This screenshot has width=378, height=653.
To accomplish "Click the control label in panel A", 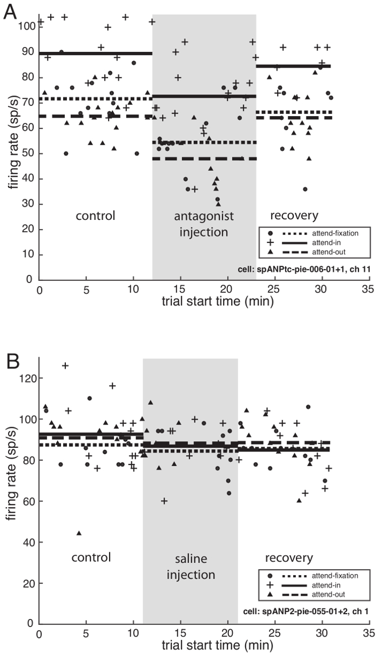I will click(96, 216).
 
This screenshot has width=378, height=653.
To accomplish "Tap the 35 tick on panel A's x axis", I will click(368, 290).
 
